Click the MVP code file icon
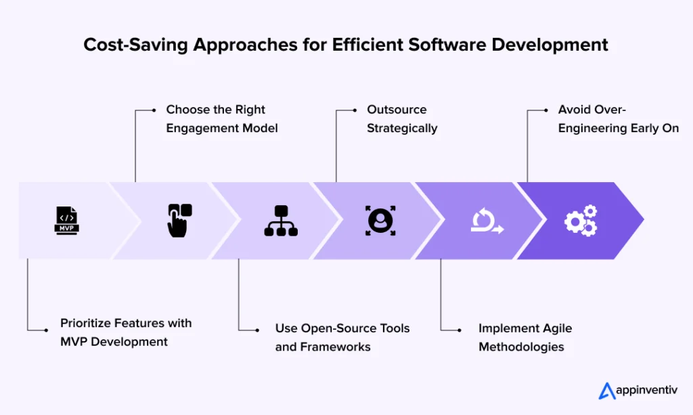pos(66,221)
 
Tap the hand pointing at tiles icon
pos(179,221)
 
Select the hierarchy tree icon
pos(281,221)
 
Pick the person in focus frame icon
pos(380,221)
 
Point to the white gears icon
pos(581,221)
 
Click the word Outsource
pos(397,110)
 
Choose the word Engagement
pos(200,128)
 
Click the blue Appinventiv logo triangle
pos(606,391)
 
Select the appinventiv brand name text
pos(648,391)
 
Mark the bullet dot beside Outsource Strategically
pos(356,110)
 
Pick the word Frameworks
pos(336,347)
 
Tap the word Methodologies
pos(521,347)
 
